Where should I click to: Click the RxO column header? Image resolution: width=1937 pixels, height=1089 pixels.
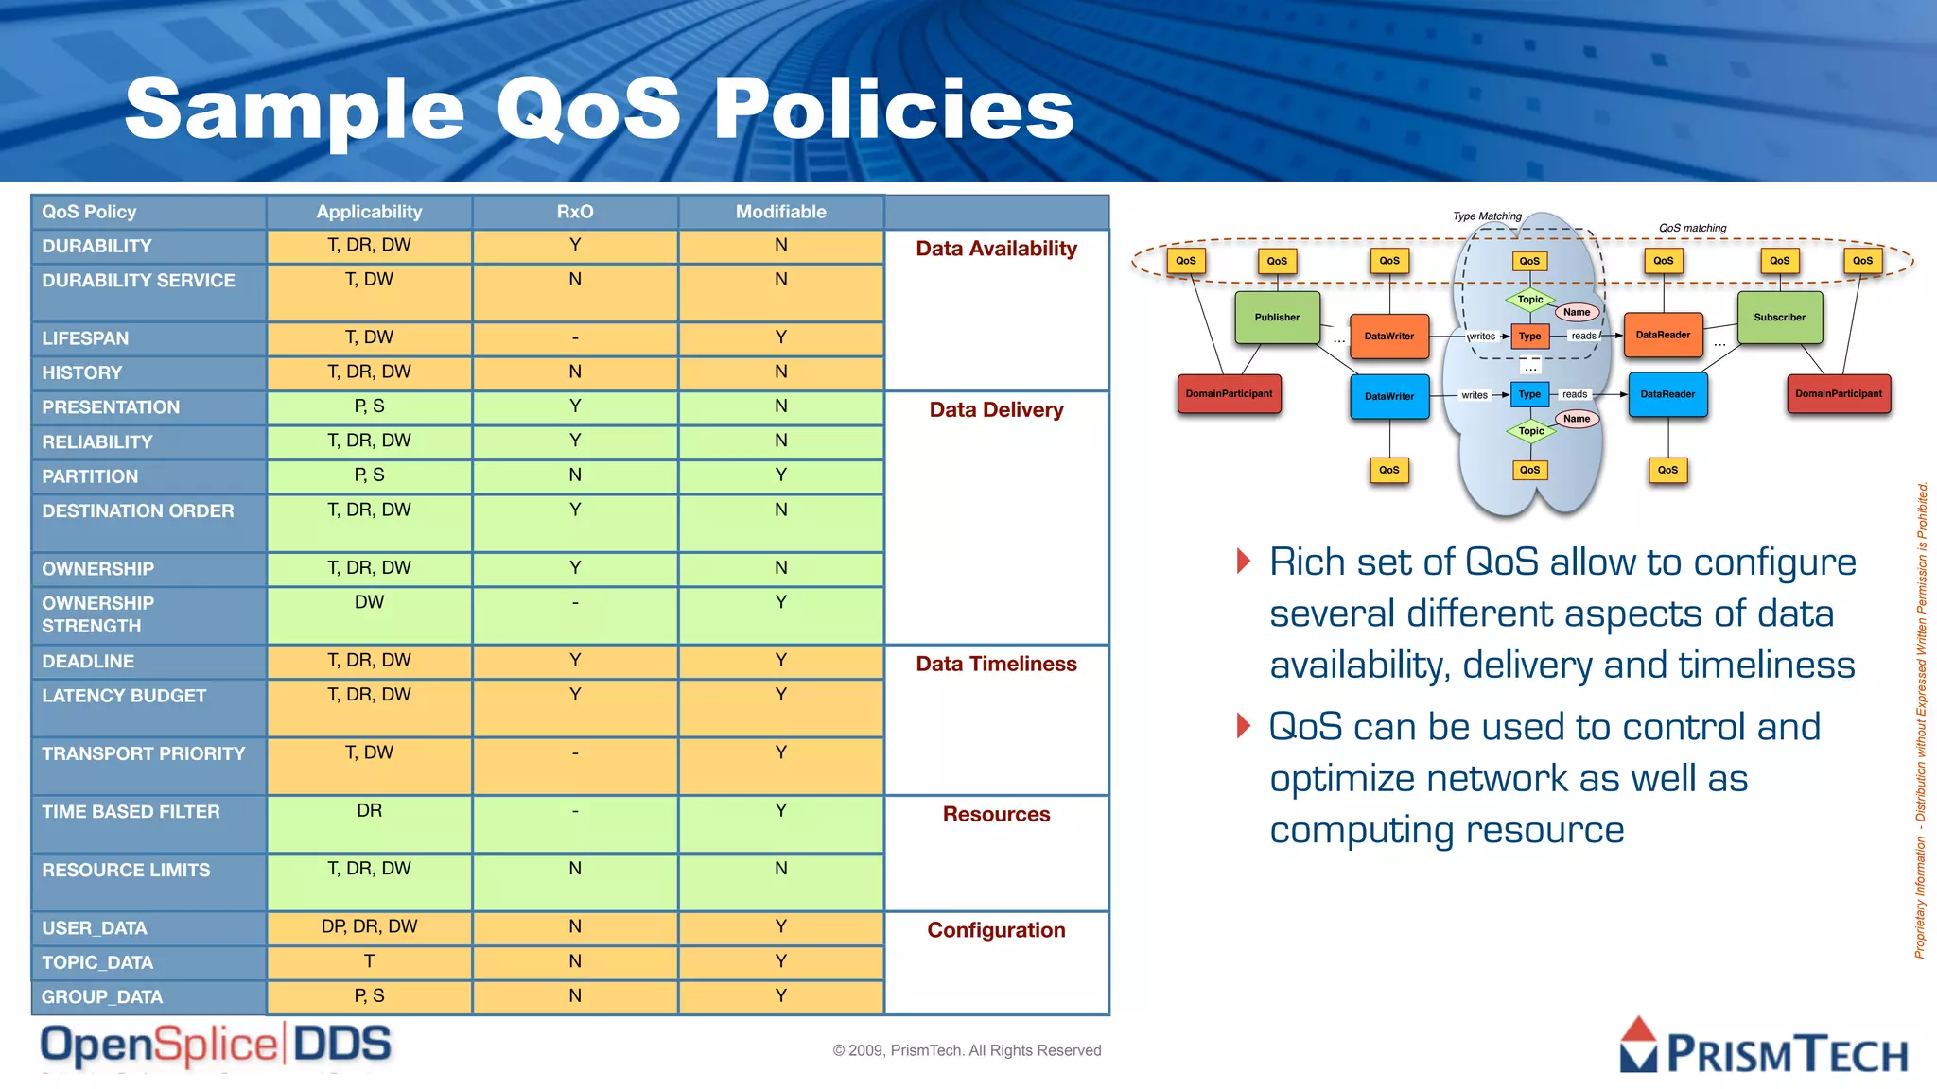tap(575, 212)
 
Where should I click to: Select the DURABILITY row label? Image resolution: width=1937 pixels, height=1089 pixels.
tap(96, 246)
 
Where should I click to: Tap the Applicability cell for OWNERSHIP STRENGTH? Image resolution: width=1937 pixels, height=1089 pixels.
tap(369, 602)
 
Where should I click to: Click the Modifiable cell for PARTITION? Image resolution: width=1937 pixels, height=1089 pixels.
tap(780, 475)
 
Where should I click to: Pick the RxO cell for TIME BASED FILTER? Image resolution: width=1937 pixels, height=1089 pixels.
tap(575, 811)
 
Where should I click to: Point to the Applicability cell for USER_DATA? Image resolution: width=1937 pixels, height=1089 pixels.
tap(369, 926)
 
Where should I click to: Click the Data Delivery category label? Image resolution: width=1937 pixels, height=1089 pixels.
tap(996, 409)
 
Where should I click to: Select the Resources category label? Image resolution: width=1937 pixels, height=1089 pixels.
tap(996, 814)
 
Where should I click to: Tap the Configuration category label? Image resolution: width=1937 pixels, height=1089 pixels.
tap(996, 930)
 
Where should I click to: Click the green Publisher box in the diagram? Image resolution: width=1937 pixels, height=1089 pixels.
tap(1277, 318)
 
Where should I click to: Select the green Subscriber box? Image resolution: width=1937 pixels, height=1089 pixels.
tap(1779, 318)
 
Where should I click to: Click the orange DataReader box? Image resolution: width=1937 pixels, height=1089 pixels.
tap(1663, 336)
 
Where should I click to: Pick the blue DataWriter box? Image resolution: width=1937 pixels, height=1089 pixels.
tap(1388, 396)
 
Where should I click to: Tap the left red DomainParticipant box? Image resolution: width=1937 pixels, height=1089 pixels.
tap(1229, 394)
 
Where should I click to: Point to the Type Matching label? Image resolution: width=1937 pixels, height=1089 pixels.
tap(1487, 216)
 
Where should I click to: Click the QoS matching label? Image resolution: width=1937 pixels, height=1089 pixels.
tap(1692, 228)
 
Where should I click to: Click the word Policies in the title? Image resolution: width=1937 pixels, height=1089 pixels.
tap(893, 109)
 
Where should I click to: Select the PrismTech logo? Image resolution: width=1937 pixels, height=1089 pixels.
tap(1763, 1047)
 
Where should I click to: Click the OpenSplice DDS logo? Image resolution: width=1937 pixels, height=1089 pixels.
tap(216, 1046)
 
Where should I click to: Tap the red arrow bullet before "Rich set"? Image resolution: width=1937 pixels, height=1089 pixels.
tap(1244, 561)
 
